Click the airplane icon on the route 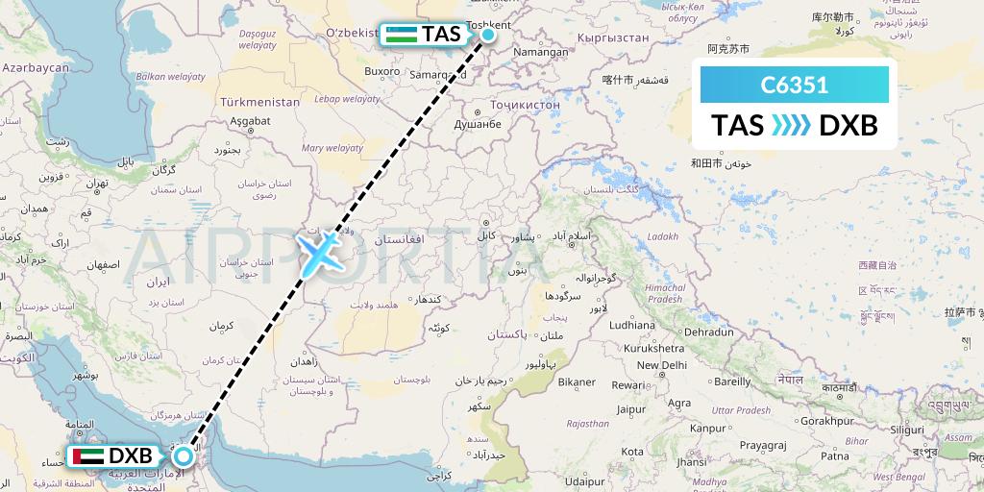click(319, 252)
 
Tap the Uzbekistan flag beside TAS click(403, 34)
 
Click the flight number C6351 click(794, 86)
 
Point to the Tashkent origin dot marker click(488, 35)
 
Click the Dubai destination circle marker click(183, 455)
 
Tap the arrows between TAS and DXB click(792, 126)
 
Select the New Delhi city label click(661, 365)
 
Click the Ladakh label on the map click(663, 236)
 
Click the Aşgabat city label click(253, 122)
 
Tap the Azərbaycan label click(36, 69)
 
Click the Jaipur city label click(629, 408)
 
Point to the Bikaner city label click(578, 382)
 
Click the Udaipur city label click(588, 480)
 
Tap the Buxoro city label click(382, 70)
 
